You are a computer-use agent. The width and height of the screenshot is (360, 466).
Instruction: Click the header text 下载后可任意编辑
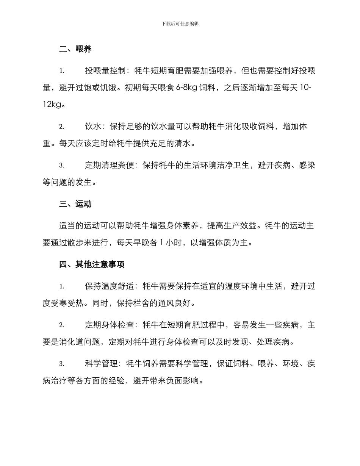180,23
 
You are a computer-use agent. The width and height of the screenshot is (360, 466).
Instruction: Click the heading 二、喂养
75,49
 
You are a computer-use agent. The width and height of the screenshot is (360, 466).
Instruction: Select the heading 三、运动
75,204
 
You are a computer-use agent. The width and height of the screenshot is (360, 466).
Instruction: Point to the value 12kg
52,105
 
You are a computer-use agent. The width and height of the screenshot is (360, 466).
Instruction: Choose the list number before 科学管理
61,364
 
